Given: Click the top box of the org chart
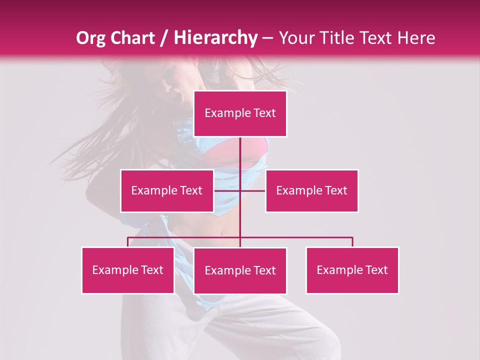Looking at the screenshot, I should pyautogui.click(x=240, y=113).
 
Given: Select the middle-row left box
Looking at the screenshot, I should pyautogui.click(x=166, y=190).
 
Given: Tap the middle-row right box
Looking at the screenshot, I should pyautogui.click(x=311, y=190).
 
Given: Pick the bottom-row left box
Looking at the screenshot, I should pyautogui.click(x=128, y=270).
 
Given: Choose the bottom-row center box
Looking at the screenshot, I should pyautogui.click(x=240, y=270).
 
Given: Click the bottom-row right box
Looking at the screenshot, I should pyautogui.click(x=352, y=270).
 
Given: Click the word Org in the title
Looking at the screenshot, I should pyautogui.click(x=91, y=38).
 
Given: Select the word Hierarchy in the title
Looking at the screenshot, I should pyautogui.click(x=215, y=38).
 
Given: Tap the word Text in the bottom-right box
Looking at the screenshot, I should pyautogui.click(x=376, y=270).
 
